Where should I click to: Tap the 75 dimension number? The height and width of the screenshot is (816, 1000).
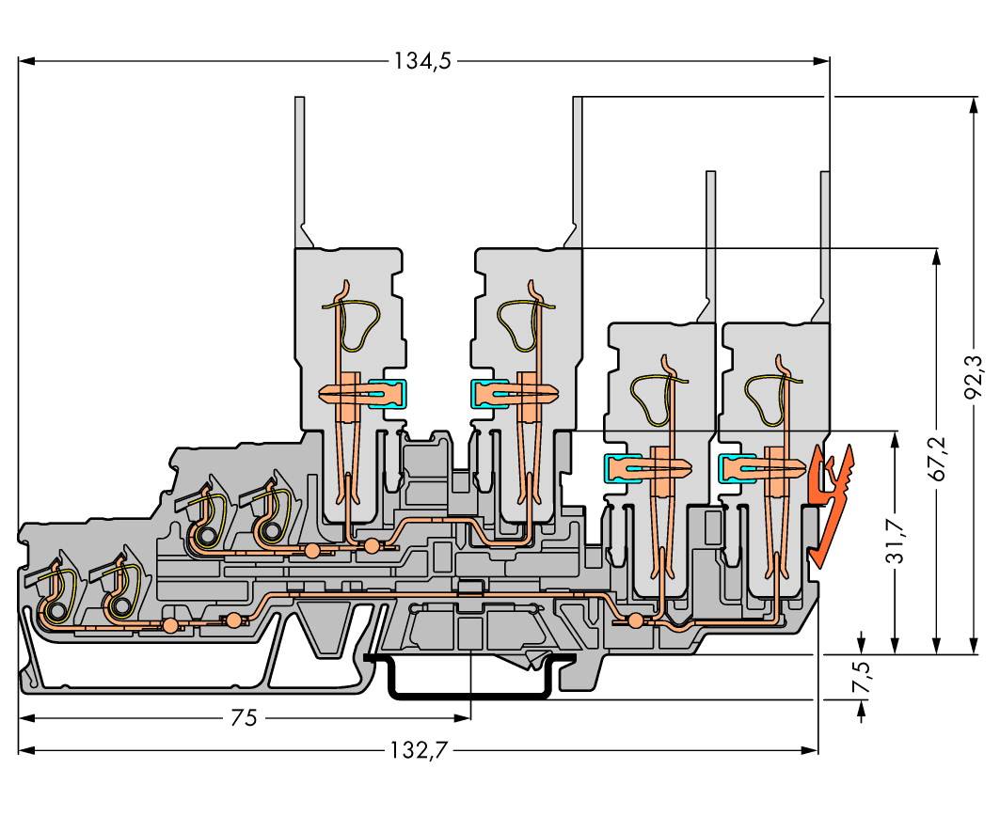coord(244,718)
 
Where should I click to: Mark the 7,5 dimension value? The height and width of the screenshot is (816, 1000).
coord(863,676)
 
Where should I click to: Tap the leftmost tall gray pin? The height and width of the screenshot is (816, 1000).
coord(300,169)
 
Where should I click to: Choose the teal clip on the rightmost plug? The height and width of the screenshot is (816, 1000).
coord(734,465)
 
